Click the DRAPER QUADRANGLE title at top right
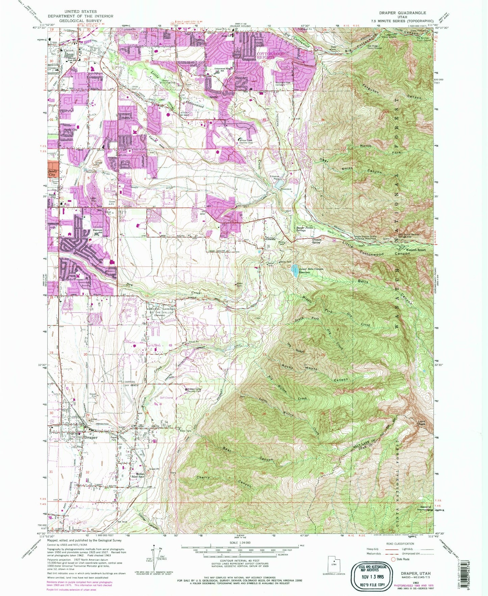[402, 13]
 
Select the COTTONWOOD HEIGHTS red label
[271, 56]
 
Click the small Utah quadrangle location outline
[334, 565]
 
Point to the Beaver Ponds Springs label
[306, 229]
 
